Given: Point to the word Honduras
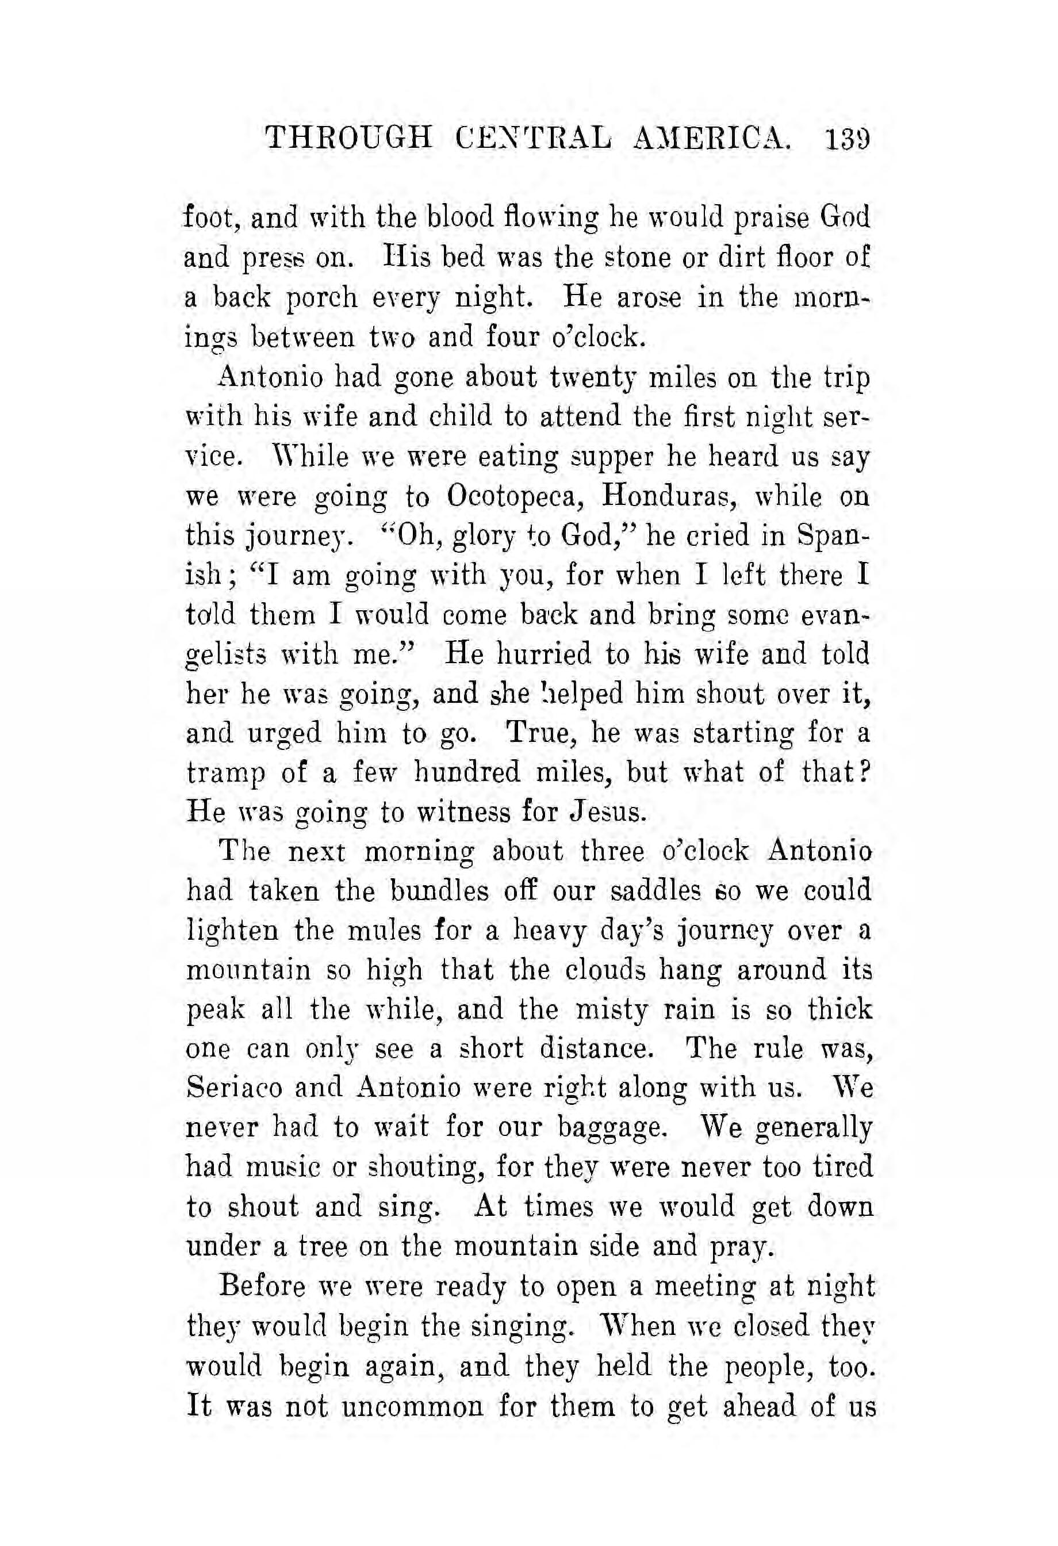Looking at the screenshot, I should click(x=676, y=496).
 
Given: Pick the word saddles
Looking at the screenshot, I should click(x=655, y=891).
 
